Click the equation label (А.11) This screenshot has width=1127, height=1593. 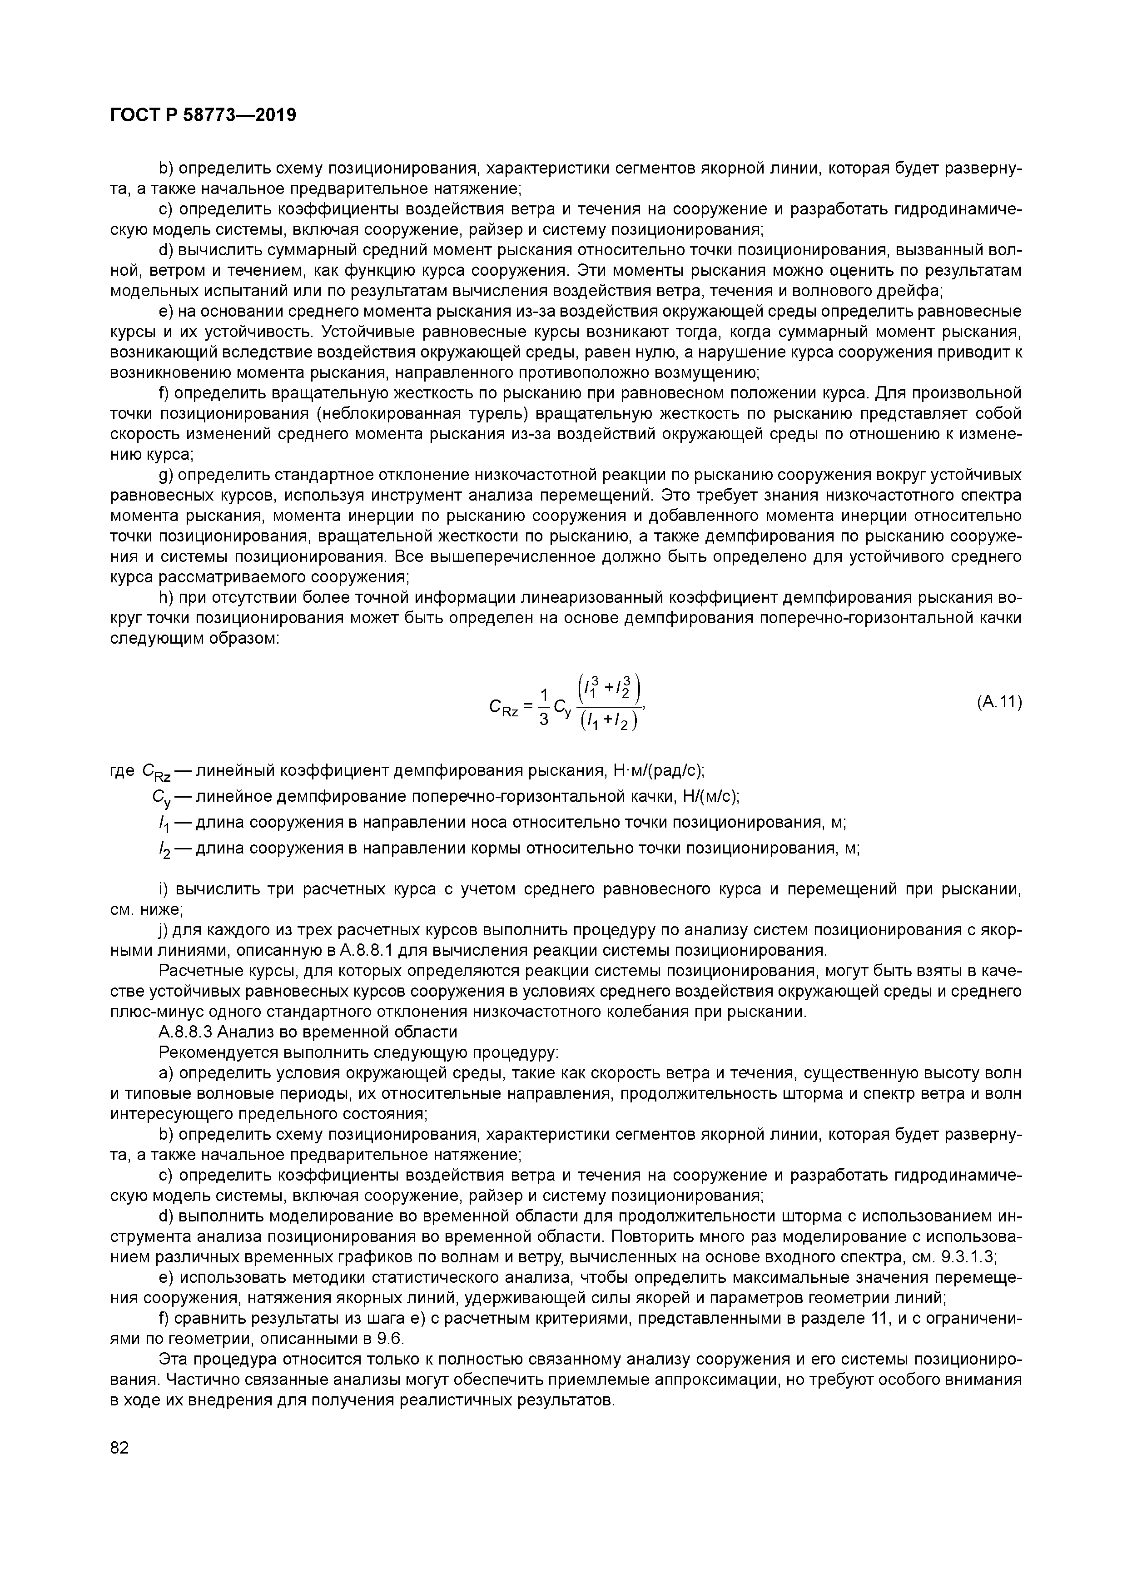tap(998, 702)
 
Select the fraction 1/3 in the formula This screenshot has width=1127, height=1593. tap(544, 706)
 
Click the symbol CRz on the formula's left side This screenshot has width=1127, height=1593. tap(504, 707)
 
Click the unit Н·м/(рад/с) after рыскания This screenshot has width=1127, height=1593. tap(659, 770)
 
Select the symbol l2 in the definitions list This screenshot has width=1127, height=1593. tap(164, 850)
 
